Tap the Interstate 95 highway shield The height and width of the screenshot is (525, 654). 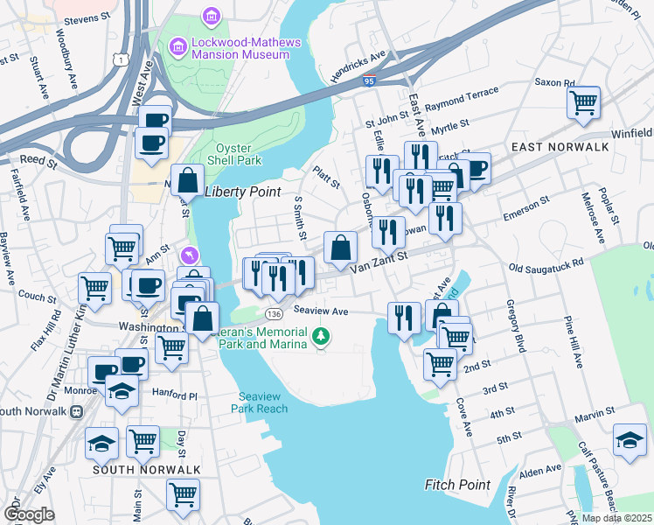[x=370, y=80]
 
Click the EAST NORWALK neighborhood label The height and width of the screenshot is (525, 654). [x=560, y=147]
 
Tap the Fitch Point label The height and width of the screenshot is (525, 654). [x=457, y=484]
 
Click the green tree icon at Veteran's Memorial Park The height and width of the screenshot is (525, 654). [x=322, y=335]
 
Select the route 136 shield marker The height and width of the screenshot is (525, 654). [x=275, y=313]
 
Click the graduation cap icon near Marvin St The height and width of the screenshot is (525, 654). [x=630, y=439]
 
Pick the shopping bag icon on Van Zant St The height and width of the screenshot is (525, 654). [x=339, y=247]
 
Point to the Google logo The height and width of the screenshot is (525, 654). [x=29, y=514]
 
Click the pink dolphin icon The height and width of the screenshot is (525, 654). [x=192, y=255]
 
